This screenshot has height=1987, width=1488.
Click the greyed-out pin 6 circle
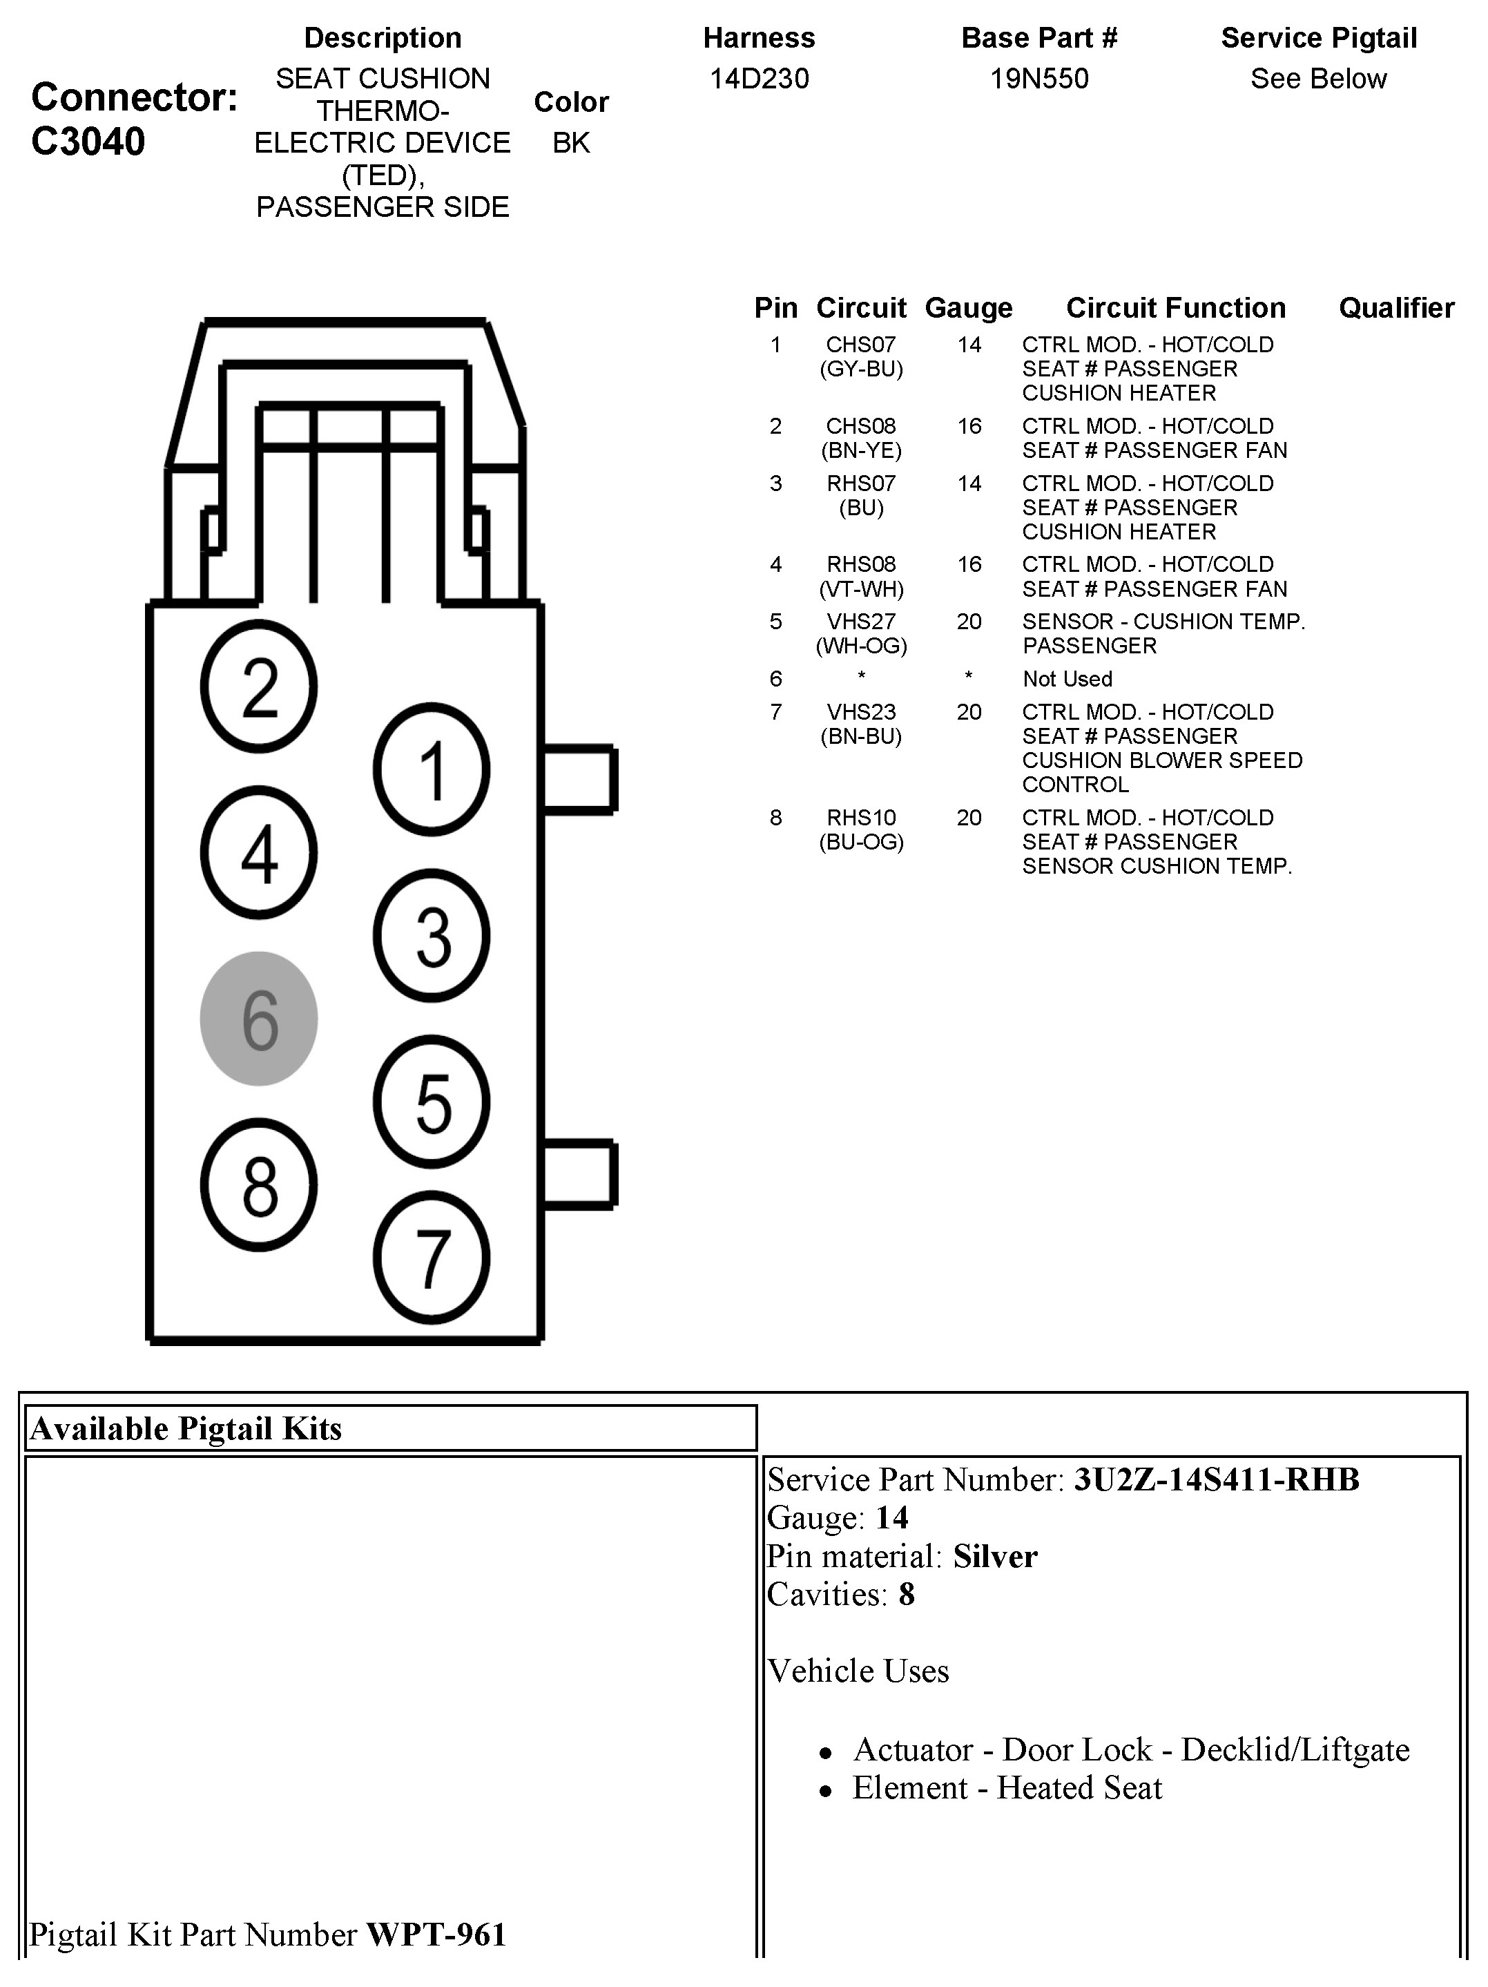pyautogui.click(x=259, y=1019)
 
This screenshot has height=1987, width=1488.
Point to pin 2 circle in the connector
pyautogui.click(x=259, y=687)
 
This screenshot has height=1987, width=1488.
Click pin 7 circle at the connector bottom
pyautogui.click(x=432, y=1258)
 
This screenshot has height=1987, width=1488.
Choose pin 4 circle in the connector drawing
pyautogui.click(x=259, y=852)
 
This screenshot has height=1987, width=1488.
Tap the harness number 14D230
pyautogui.click(x=759, y=79)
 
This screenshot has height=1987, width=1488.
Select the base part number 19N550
pyautogui.click(x=1039, y=79)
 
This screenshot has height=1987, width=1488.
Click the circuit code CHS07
pyautogui.click(x=861, y=345)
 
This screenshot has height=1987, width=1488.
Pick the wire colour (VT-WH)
pyautogui.click(x=861, y=589)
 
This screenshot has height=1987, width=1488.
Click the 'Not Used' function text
pyautogui.click(x=1067, y=679)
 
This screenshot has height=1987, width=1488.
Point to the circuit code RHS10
pyautogui.click(x=861, y=818)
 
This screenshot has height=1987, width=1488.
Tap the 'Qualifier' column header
pyautogui.click(x=1396, y=308)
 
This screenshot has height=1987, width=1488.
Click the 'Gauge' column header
pyautogui.click(x=968, y=308)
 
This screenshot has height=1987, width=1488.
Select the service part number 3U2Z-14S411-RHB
pyautogui.click(x=1216, y=1479)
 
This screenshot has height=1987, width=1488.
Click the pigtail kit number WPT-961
pyautogui.click(x=436, y=1934)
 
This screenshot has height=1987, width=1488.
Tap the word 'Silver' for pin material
pyautogui.click(x=995, y=1556)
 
